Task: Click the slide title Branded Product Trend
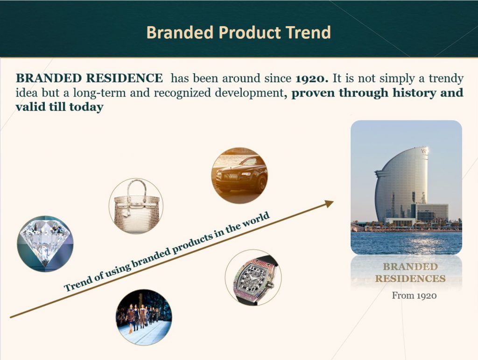[239, 33]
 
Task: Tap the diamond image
[45, 244]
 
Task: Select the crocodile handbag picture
[136, 206]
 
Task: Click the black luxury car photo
[239, 176]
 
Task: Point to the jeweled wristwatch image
[253, 277]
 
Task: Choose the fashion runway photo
[144, 317]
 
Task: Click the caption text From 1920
[414, 296]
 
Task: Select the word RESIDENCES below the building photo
[410, 278]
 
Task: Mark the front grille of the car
[231, 176]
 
